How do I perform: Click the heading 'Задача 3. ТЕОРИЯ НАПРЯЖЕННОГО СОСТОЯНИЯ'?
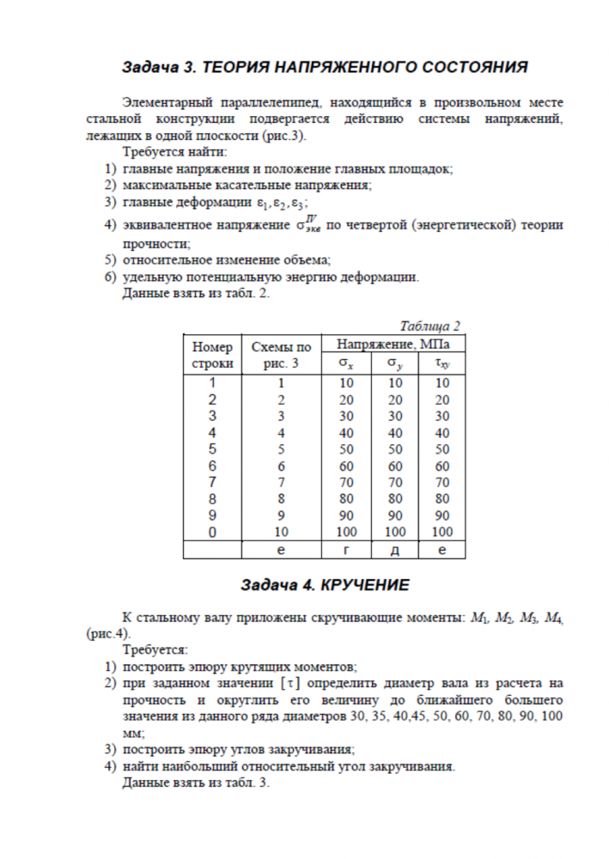point(324,66)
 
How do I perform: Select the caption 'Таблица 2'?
point(430,326)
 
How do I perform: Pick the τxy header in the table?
point(442,363)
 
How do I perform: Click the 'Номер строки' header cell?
point(213,355)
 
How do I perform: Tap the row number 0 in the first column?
point(213,532)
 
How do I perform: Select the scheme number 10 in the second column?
point(280,532)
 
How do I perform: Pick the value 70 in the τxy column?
point(442,482)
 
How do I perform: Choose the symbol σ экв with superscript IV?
point(309,226)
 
